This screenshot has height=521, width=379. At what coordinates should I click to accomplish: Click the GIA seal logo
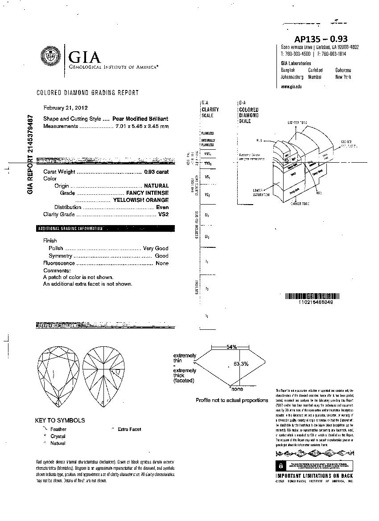click(52, 57)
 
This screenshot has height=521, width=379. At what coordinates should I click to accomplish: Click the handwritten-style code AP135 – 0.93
click(321, 39)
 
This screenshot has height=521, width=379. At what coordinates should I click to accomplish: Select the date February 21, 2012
click(66, 108)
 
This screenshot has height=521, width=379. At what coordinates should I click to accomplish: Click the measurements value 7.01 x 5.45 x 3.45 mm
click(142, 126)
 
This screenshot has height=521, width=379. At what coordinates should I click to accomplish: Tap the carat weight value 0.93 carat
click(156, 172)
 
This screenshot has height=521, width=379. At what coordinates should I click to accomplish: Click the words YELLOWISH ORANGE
click(141, 200)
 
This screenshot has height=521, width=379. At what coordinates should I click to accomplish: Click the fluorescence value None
click(162, 263)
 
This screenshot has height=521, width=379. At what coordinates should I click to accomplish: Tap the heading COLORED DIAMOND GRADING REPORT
click(87, 93)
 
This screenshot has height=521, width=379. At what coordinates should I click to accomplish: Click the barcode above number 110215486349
click(308, 296)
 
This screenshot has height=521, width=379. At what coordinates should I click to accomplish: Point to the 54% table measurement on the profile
click(231, 347)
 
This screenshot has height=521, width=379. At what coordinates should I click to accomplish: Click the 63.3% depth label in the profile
click(241, 364)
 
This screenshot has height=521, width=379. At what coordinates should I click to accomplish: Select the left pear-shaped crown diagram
click(58, 377)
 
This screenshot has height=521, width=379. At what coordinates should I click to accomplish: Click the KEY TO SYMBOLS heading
click(60, 420)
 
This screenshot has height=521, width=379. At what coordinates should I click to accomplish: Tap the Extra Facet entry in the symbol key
click(129, 429)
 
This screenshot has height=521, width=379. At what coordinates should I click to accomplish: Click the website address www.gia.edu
click(291, 86)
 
